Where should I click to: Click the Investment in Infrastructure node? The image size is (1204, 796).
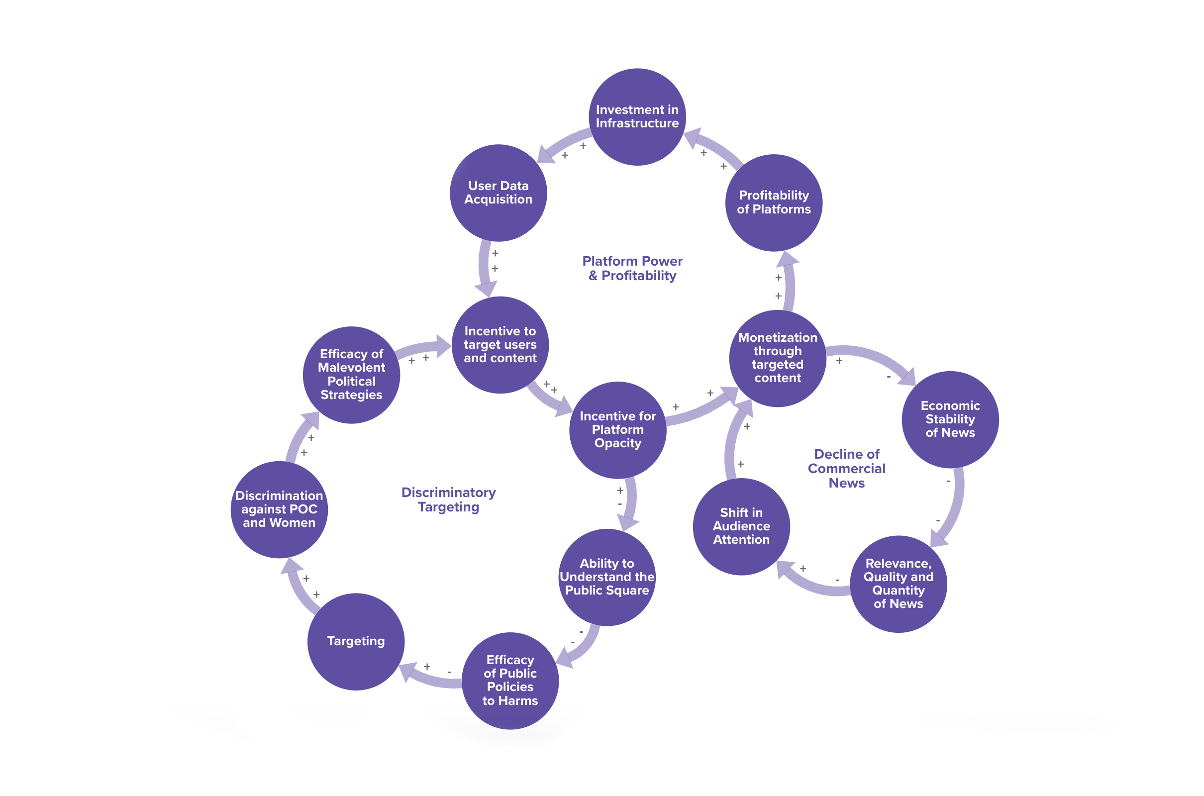[637, 117]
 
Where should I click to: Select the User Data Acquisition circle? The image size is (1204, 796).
[498, 193]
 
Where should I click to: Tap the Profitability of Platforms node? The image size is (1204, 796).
[774, 202]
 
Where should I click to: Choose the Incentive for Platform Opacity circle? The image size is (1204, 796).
[617, 430]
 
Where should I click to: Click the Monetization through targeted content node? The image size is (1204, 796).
[777, 358]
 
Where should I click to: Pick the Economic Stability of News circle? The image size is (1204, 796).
[950, 419]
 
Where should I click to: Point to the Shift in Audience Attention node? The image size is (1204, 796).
[741, 526]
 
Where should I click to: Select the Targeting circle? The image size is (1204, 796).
[356, 641]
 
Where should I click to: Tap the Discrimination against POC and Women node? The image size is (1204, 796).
[279, 509]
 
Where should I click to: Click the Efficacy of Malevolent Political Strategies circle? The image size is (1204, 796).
[351, 375]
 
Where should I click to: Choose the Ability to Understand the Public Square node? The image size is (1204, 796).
[606, 577]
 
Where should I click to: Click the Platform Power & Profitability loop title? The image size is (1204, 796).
[632, 268]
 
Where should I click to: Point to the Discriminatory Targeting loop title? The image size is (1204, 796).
[448, 499]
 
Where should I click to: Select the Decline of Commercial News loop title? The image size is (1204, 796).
[846, 468]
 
